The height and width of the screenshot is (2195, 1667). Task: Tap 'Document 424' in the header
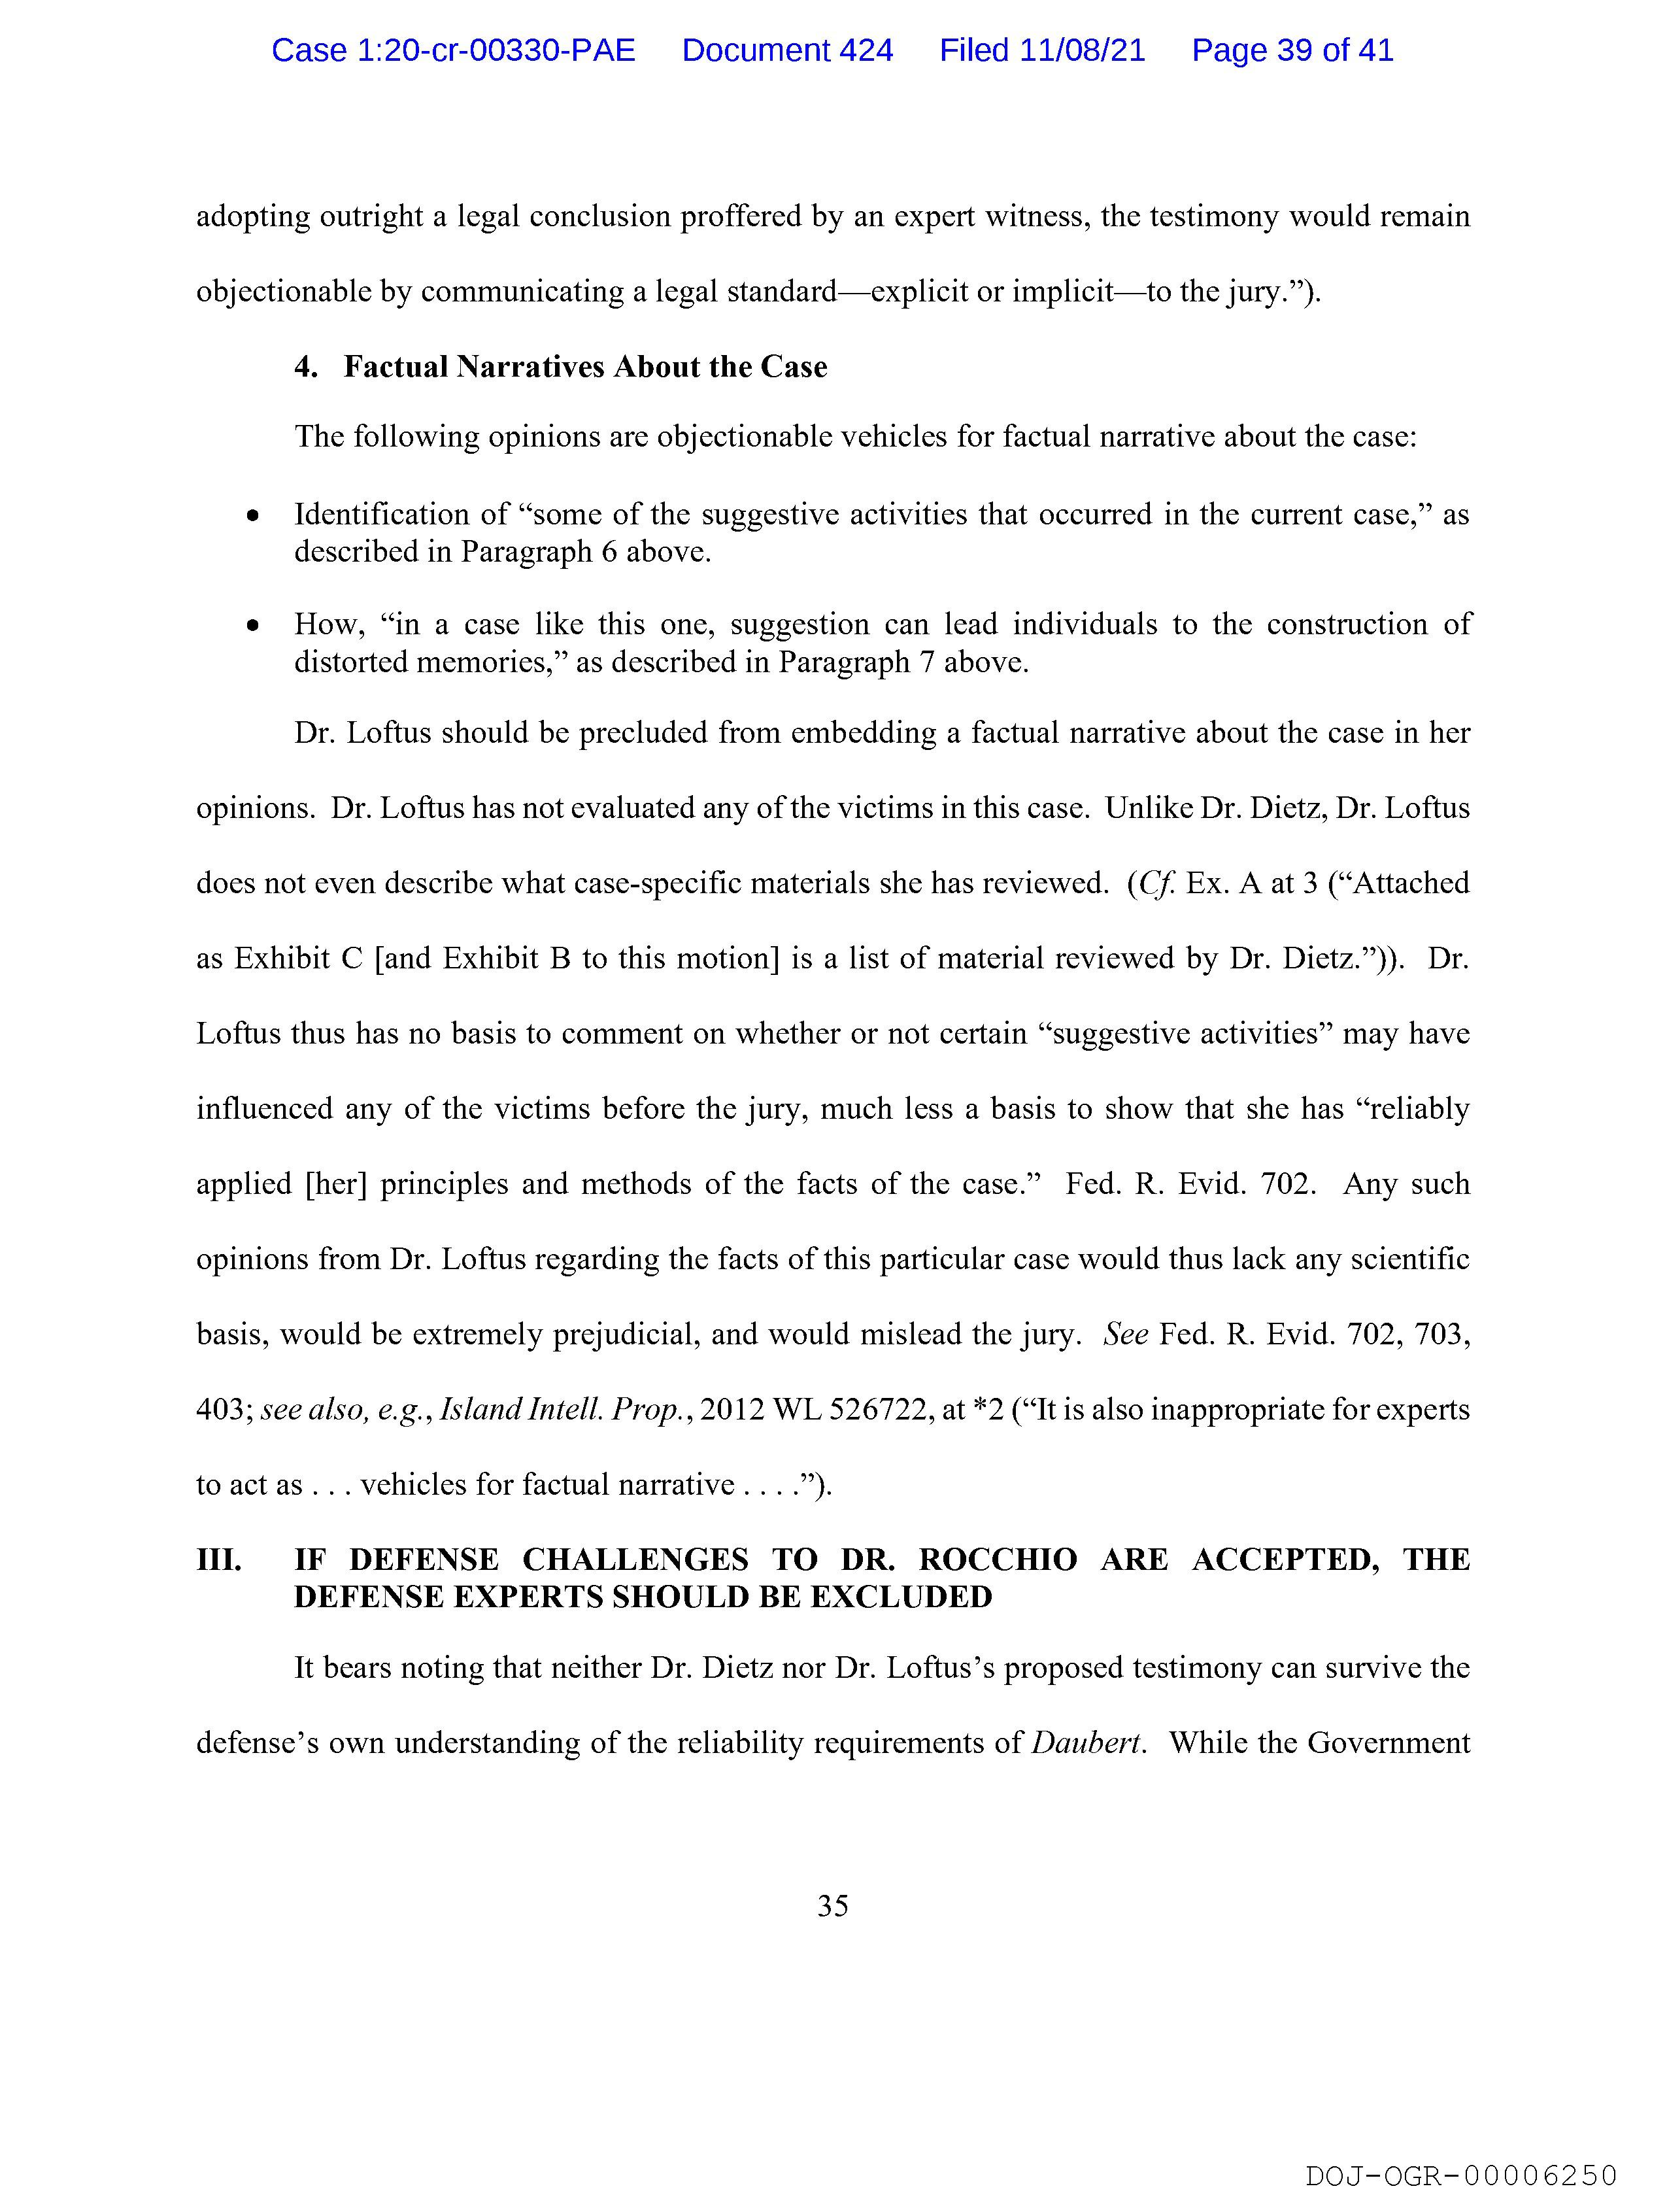(x=787, y=50)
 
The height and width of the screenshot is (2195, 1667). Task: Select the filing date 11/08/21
(x=1081, y=50)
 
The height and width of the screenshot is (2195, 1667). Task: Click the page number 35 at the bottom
(x=832, y=1906)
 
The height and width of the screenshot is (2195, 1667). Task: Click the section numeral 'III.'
(x=219, y=1561)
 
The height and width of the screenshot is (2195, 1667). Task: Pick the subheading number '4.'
(x=306, y=367)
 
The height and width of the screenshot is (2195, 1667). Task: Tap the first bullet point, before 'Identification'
(x=254, y=516)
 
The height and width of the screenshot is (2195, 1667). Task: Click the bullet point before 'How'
(x=254, y=626)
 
